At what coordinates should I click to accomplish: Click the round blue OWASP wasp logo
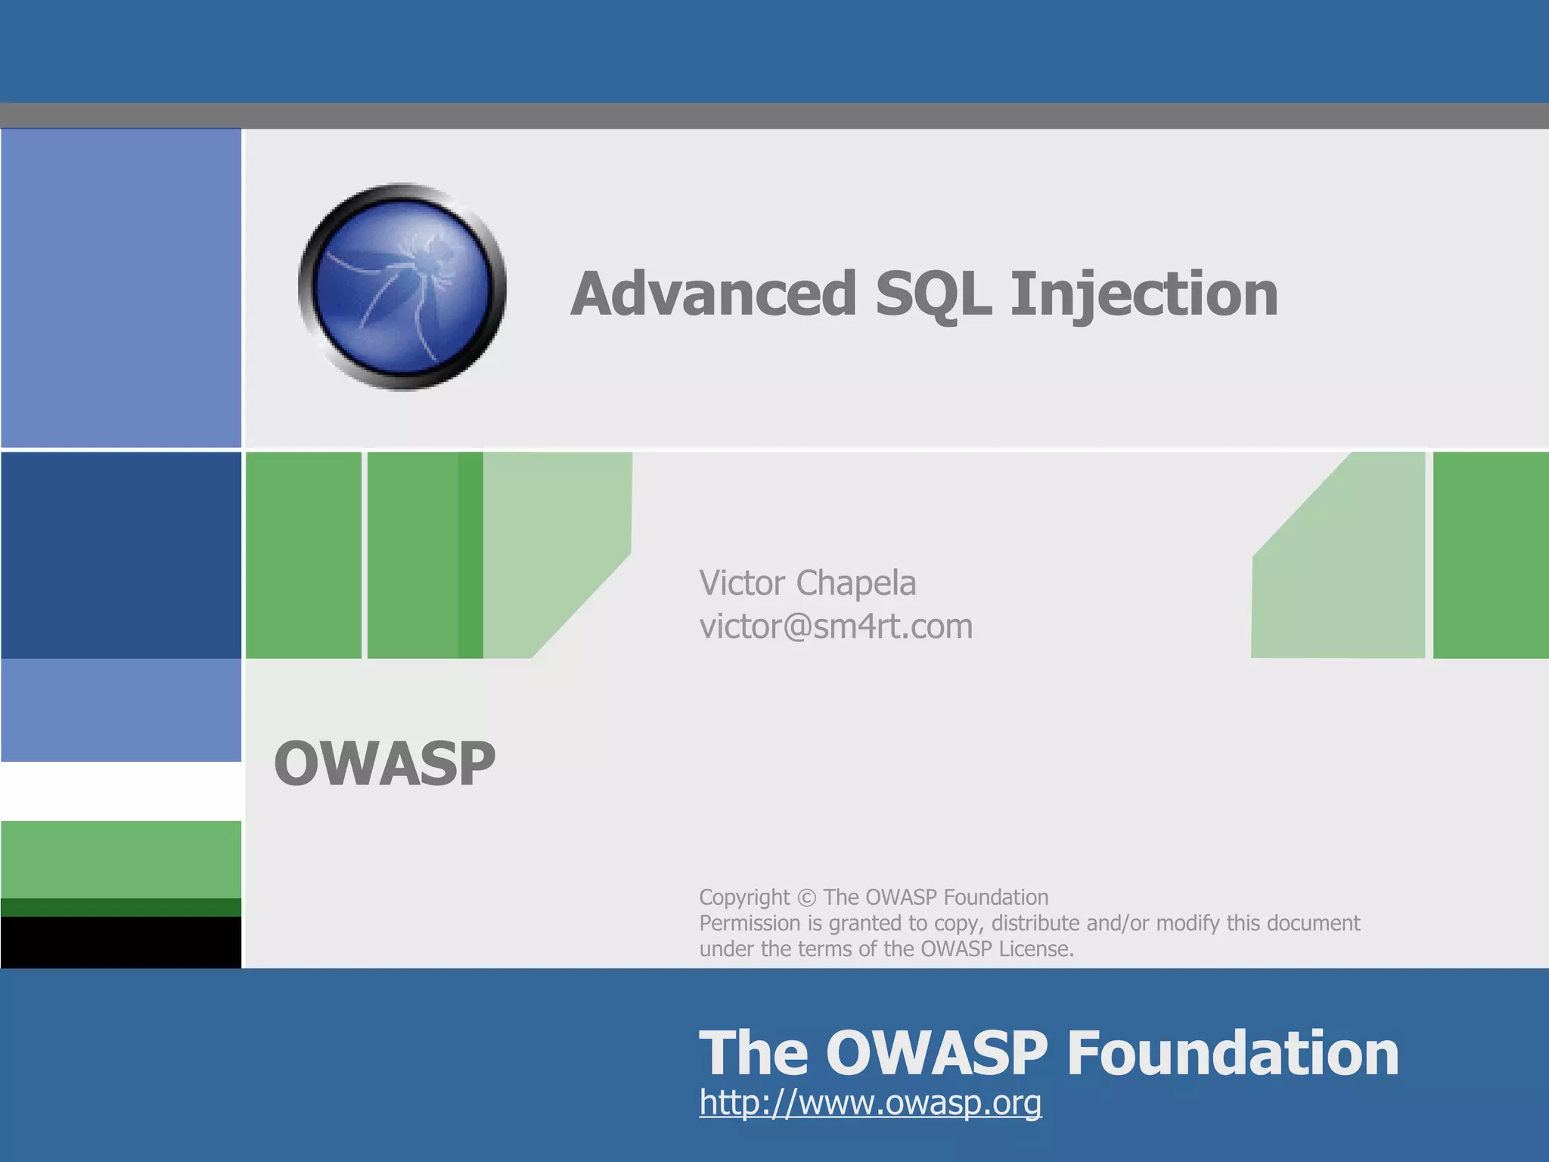click(x=402, y=287)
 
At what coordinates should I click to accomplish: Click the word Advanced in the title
click(x=713, y=294)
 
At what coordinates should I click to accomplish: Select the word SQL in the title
click(x=933, y=294)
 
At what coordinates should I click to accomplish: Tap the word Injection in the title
click(x=1144, y=294)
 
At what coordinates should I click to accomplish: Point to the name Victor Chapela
click(x=807, y=583)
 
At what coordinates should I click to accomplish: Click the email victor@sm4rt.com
click(x=836, y=626)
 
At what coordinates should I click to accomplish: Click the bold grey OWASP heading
click(x=384, y=763)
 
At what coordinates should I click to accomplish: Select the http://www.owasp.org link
click(x=870, y=1102)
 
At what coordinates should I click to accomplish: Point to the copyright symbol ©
click(x=807, y=898)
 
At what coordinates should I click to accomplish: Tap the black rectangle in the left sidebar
click(x=121, y=942)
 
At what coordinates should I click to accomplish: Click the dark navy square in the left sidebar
click(x=121, y=555)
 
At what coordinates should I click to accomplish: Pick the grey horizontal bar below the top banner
click(x=774, y=116)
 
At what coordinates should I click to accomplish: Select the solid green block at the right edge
click(x=1490, y=555)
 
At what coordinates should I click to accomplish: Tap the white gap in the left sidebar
click(x=121, y=791)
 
